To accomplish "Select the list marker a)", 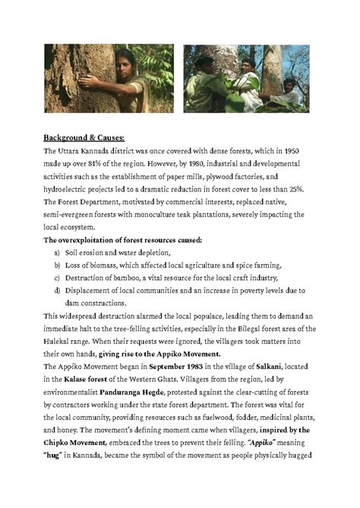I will tap(58, 253).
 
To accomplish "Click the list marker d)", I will tap(58, 292).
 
